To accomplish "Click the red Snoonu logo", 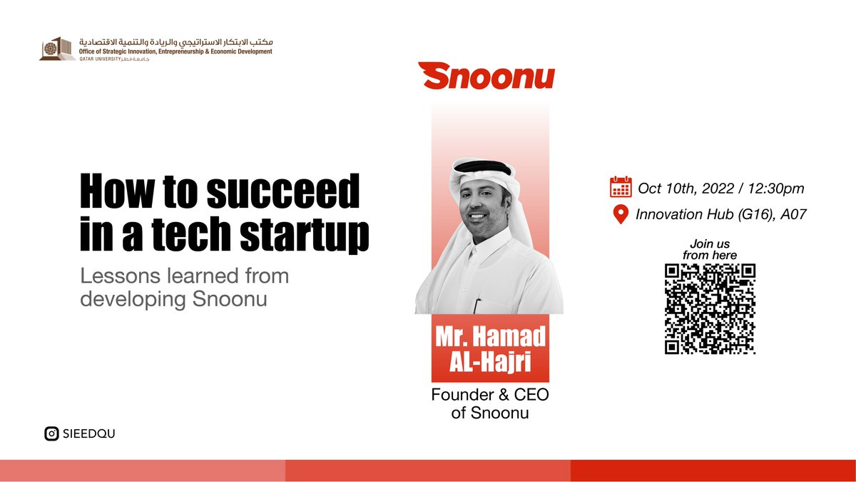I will pyautogui.click(x=486, y=75).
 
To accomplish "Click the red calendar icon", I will pyautogui.click(x=621, y=188).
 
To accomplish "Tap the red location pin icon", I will pyautogui.click(x=621, y=214).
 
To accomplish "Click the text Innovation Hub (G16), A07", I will pyautogui.click(x=721, y=214).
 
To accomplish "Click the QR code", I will pyautogui.click(x=710, y=308).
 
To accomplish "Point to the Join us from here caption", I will pyautogui.click(x=710, y=249).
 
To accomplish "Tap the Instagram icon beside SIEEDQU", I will pyautogui.click(x=51, y=433).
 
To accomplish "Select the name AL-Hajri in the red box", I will pyautogui.click(x=490, y=361).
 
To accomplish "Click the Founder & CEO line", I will pyautogui.click(x=490, y=396).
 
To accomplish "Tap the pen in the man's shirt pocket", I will pyautogui.click(x=477, y=304).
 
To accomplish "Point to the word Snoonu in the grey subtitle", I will pyautogui.click(x=230, y=299).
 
